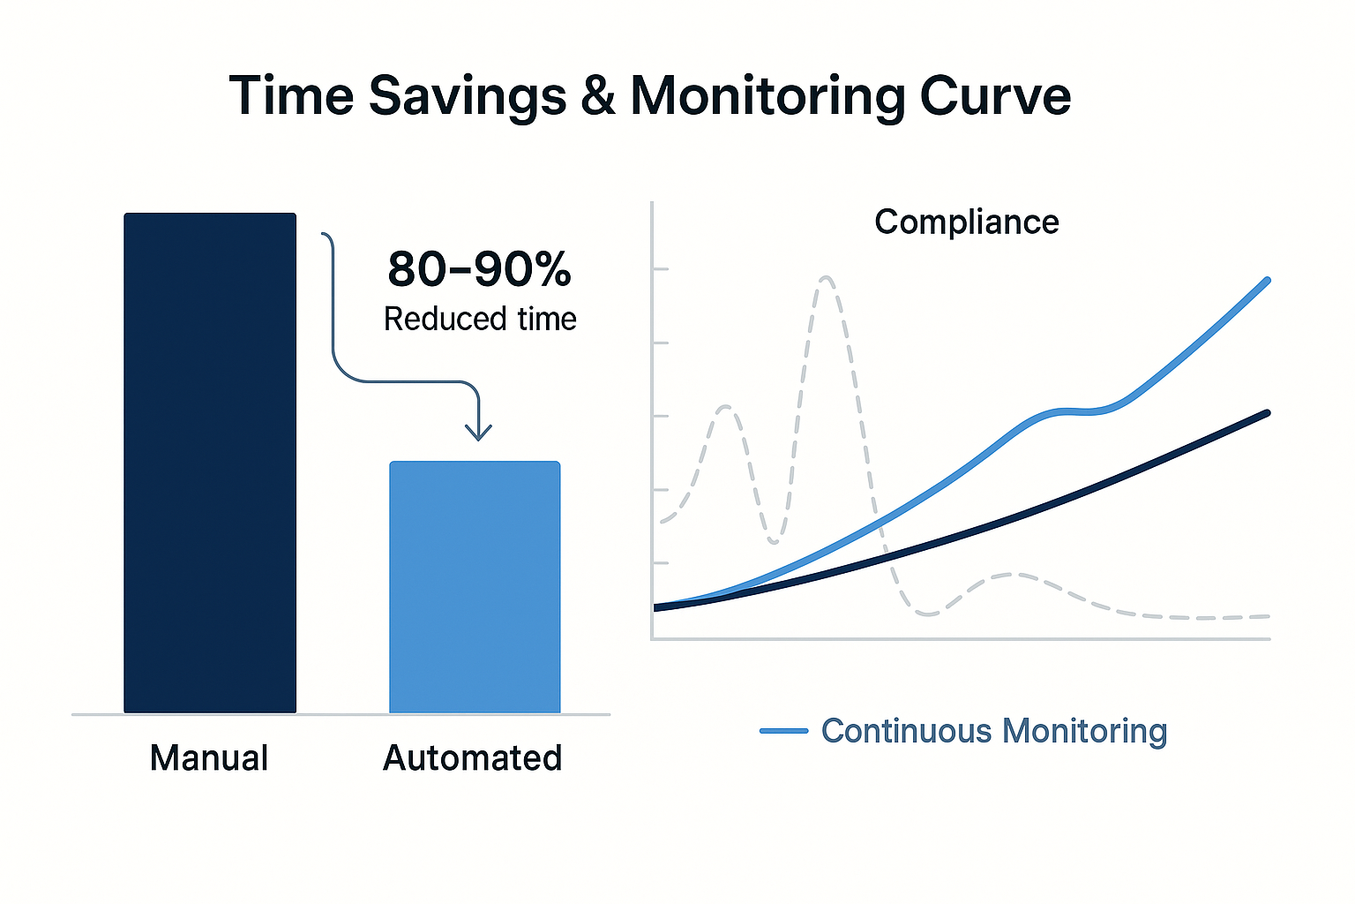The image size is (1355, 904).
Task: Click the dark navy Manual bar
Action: (210, 463)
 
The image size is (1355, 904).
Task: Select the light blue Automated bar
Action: (475, 586)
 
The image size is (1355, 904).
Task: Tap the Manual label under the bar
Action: (209, 758)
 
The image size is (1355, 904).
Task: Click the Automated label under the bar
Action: (472, 758)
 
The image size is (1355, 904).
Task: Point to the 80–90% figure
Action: (479, 269)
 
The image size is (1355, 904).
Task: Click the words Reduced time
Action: (480, 319)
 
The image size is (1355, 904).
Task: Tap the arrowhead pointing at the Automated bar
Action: (478, 432)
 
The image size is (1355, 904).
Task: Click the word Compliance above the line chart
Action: (966, 222)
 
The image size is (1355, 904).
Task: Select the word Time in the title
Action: (291, 95)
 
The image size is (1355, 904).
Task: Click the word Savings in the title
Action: (468, 95)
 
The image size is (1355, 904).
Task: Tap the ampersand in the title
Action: (599, 95)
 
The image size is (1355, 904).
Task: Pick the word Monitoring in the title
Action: (767, 95)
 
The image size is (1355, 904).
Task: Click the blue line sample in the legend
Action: (783, 731)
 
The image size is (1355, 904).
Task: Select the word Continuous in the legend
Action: (906, 731)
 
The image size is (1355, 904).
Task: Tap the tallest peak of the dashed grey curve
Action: (827, 278)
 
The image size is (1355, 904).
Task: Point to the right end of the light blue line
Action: (1268, 281)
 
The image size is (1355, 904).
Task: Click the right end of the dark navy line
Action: (1268, 413)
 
